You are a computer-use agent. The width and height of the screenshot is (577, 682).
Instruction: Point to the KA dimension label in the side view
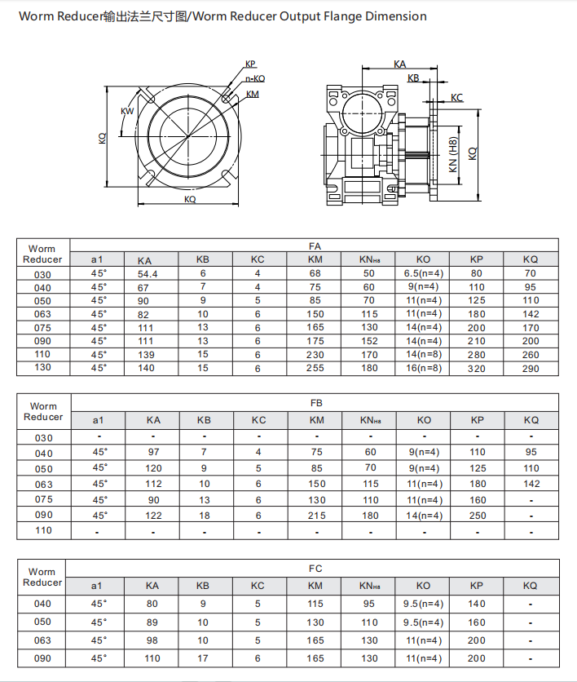click(399, 63)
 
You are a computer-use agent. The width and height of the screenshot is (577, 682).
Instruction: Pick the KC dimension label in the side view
click(456, 98)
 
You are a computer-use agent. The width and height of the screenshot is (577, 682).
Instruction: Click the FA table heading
click(315, 245)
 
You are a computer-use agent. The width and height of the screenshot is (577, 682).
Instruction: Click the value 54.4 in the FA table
click(148, 274)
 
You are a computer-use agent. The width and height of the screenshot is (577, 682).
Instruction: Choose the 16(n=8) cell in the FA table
click(423, 368)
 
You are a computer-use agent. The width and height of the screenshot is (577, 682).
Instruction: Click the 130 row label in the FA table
click(42, 368)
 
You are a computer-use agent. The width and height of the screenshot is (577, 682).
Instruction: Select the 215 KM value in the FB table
click(315, 515)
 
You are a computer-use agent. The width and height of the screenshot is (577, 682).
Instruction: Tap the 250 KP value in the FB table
click(477, 515)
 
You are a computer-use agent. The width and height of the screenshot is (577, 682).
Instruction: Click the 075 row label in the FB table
click(43, 499)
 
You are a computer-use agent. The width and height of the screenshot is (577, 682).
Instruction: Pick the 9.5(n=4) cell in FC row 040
click(423, 604)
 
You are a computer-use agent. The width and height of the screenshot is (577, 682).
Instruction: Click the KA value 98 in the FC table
click(152, 640)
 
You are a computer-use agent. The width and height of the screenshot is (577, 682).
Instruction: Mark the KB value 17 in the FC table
click(203, 658)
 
